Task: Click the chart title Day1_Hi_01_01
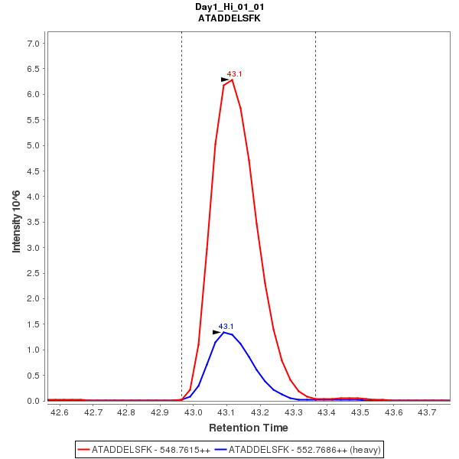point(229,7)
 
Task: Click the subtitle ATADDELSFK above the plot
point(229,18)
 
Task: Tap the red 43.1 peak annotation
point(235,74)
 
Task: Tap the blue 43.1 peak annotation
point(226,327)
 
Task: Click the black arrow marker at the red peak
point(225,80)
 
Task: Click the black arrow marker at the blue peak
point(216,332)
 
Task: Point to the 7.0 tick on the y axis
point(33,44)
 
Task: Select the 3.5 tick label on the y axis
point(33,223)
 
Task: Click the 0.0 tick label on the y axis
point(33,401)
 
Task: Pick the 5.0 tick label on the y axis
point(33,146)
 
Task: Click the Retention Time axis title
point(249,428)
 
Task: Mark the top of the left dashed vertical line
point(181,33)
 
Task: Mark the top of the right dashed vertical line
point(315,33)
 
